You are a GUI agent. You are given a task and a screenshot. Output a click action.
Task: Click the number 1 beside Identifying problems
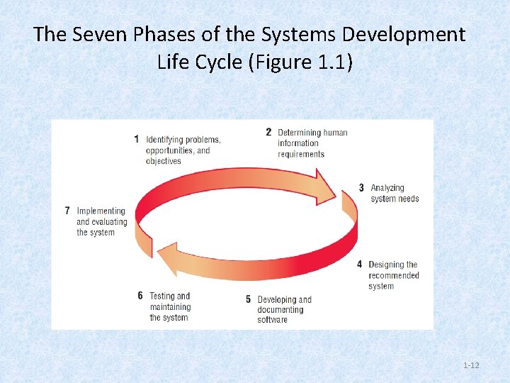(x=136, y=139)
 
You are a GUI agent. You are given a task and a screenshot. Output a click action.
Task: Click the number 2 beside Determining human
(x=268, y=132)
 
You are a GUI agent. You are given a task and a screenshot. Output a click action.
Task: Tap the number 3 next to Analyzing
(x=361, y=188)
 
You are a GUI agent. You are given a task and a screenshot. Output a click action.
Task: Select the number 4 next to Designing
(x=360, y=265)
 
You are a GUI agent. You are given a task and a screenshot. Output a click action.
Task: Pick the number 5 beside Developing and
(x=248, y=299)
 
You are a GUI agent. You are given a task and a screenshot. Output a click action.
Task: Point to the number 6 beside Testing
(x=140, y=296)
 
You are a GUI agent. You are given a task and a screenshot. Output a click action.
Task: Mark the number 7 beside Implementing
(x=67, y=211)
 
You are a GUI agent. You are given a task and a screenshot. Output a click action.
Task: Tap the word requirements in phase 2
(x=301, y=154)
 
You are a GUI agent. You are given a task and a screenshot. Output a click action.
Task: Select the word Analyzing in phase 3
(x=387, y=188)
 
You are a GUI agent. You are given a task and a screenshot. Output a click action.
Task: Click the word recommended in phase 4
(x=393, y=275)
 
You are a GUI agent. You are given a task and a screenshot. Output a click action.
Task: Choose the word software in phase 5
(x=273, y=320)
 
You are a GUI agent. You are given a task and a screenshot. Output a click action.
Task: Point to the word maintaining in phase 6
(x=170, y=307)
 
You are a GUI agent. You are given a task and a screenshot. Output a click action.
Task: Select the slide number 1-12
(x=471, y=365)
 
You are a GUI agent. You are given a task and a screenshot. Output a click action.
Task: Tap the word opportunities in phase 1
(x=170, y=150)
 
